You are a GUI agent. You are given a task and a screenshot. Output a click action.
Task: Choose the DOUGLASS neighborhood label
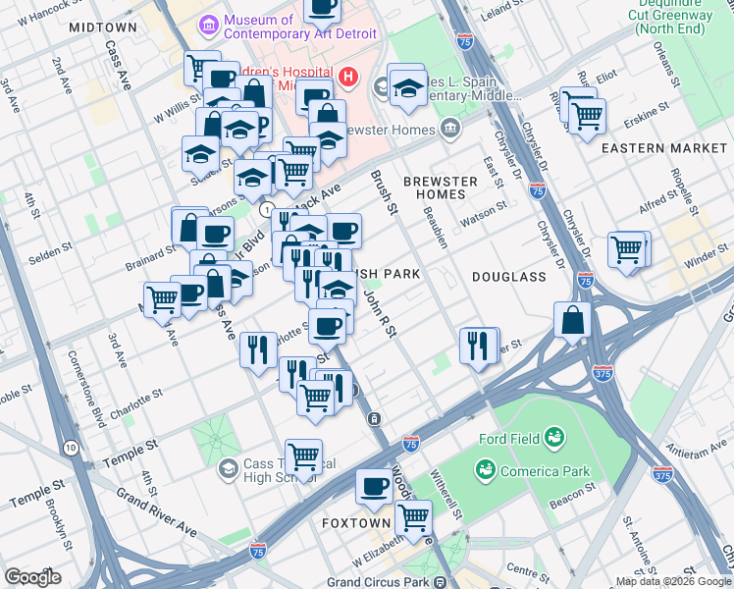point(508,277)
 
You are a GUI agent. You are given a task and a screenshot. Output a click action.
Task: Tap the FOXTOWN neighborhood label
point(356,523)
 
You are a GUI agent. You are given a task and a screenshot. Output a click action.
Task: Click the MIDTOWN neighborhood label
point(103,27)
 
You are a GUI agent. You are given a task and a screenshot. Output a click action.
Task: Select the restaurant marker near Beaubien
point(479,346)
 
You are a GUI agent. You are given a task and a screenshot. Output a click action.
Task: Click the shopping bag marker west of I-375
point(572,320)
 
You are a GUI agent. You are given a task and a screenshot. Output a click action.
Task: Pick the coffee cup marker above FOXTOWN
point(373,486)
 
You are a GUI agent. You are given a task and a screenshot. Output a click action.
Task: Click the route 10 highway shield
point(71,448)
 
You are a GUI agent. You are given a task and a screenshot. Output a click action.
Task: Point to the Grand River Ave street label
point(156,513)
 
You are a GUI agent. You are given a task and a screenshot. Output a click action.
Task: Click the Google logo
point(32,577)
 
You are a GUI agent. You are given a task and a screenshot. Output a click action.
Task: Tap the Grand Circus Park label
point(382,581)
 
